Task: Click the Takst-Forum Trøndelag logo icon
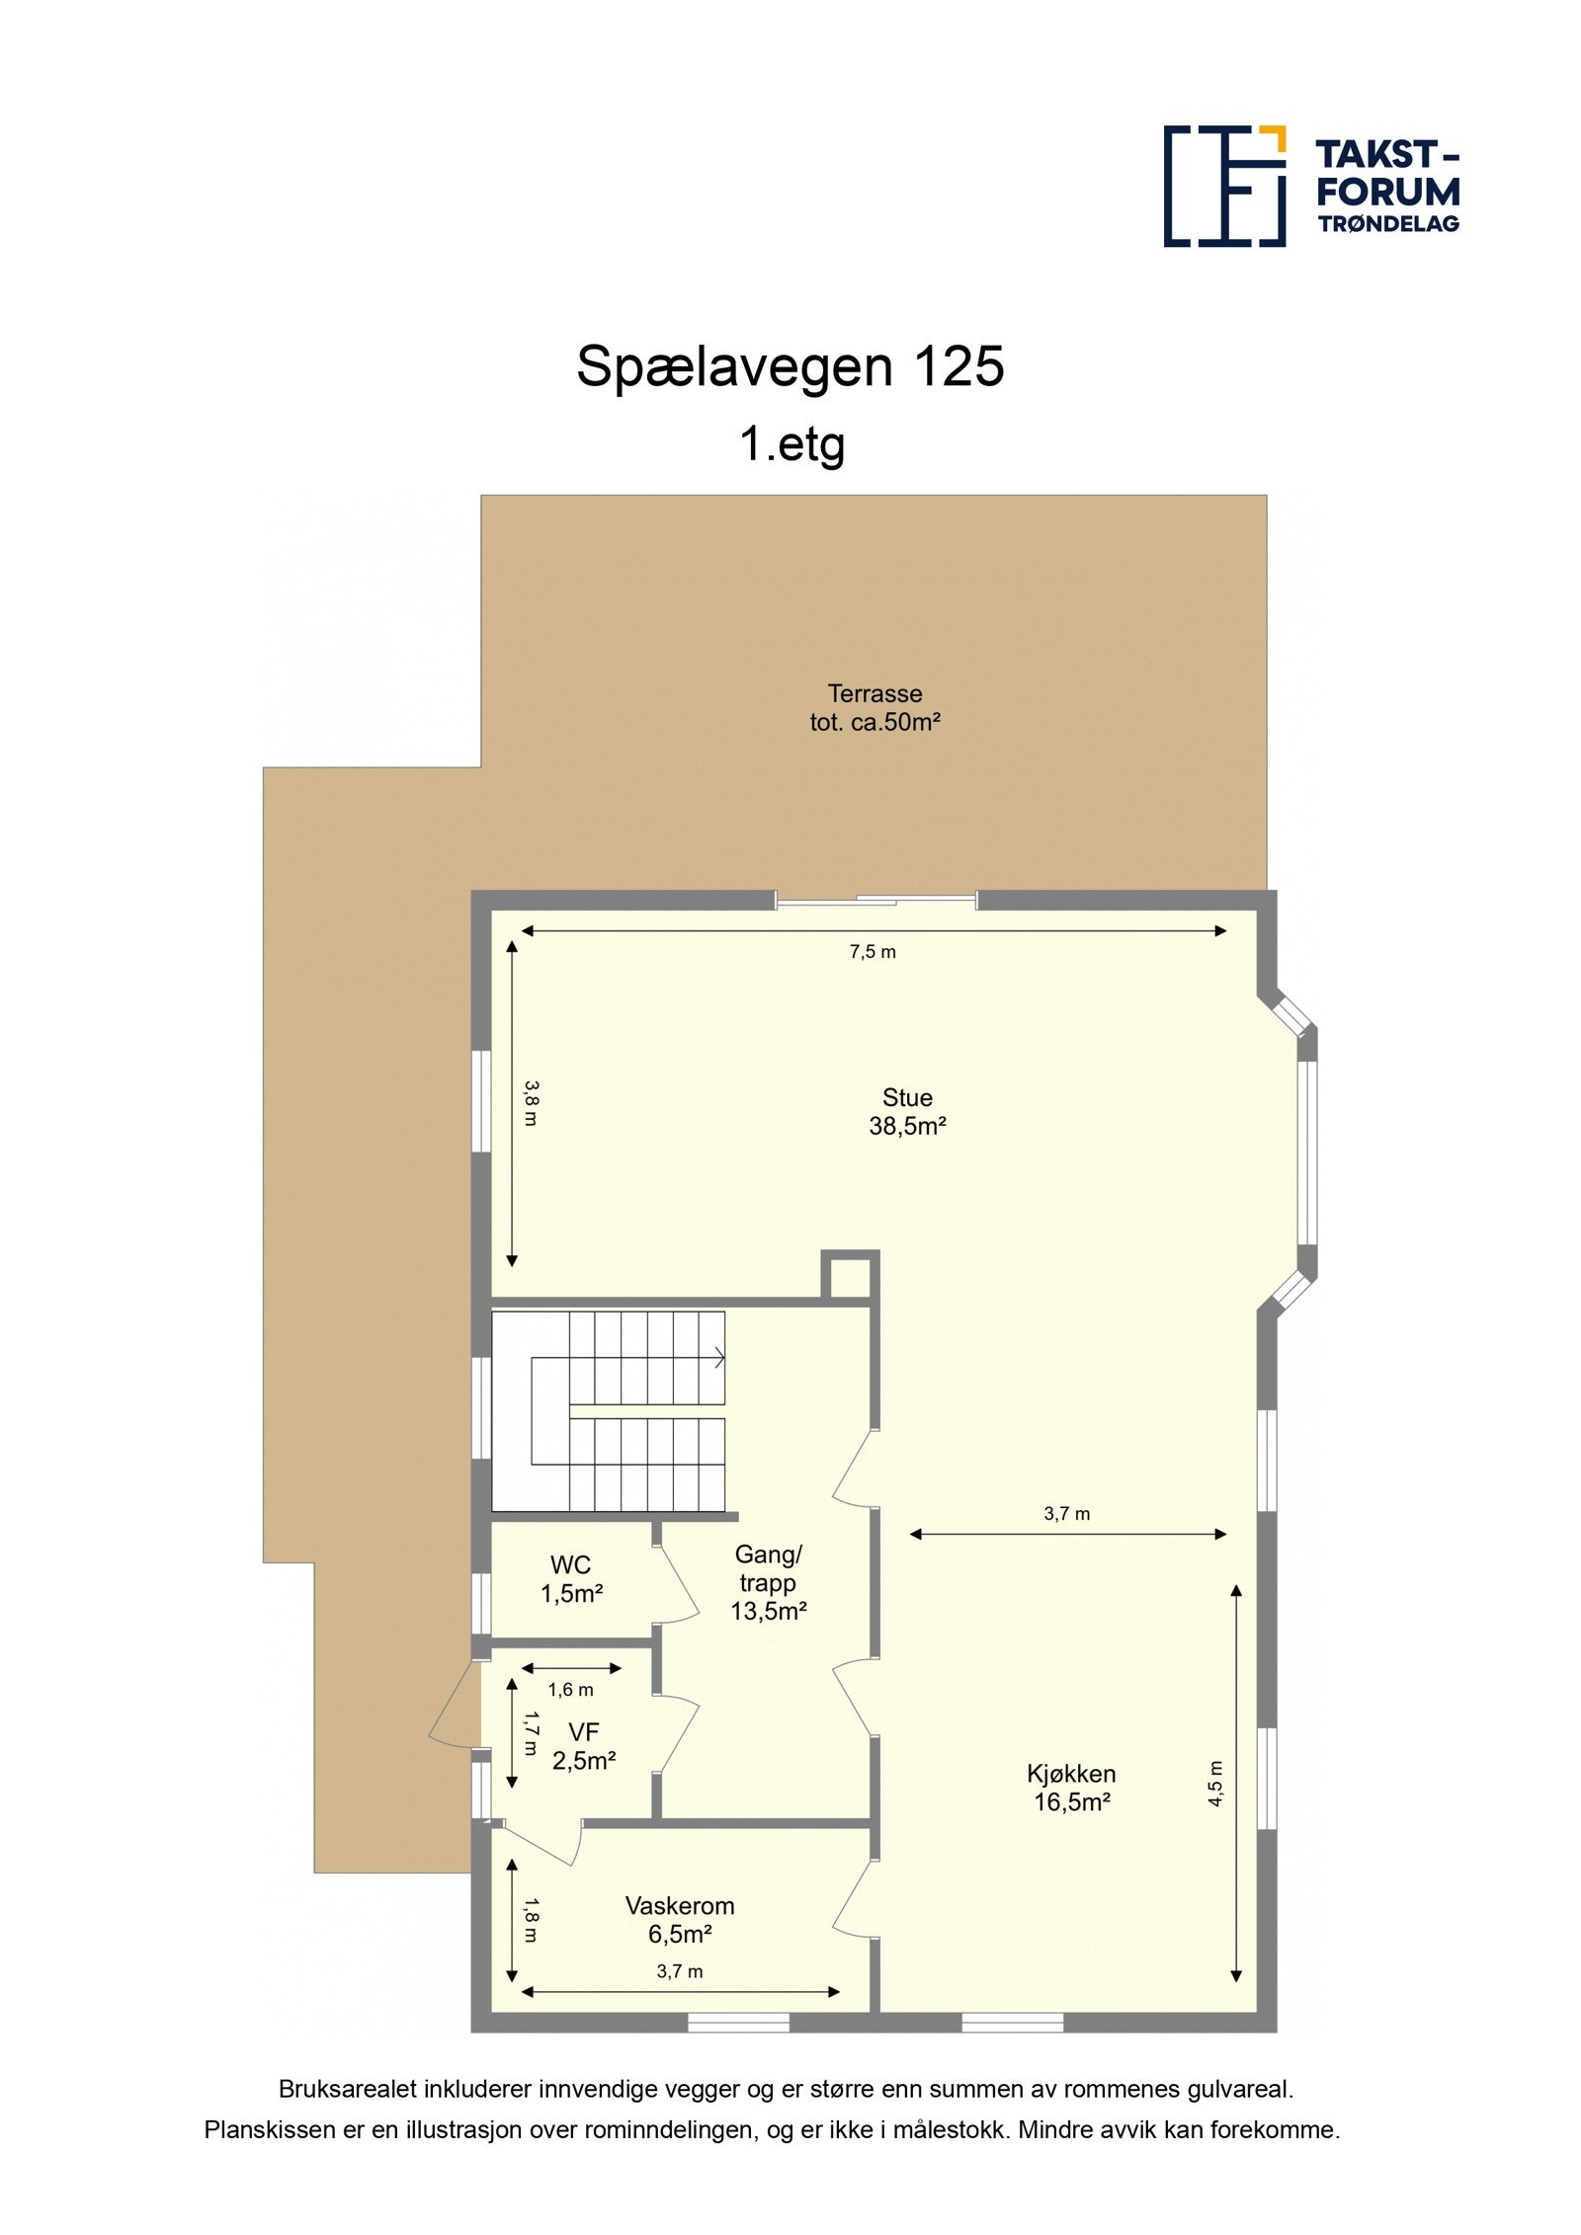coord(1224,186)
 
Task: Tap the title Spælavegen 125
coord(790,366)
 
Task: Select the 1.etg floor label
coord(791,443)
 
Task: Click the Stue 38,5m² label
coord(907,1111)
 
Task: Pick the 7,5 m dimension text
coord(873,952)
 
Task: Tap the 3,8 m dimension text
coord(532,1102)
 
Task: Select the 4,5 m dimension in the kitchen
coord(1215,1784)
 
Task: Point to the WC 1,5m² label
coord(571,1578)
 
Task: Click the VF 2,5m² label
coord(584,1746)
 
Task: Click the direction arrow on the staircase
coord(717,1358)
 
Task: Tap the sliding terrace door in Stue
coord(876,899)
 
